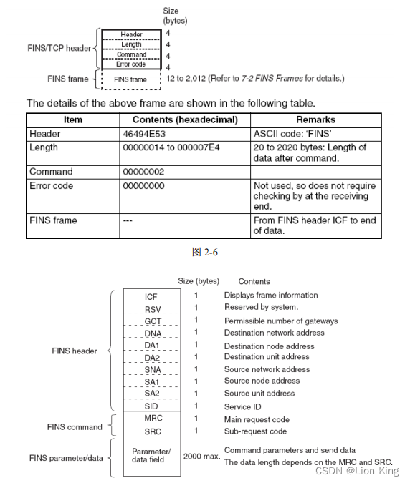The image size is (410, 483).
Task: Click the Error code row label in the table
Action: [52, 186]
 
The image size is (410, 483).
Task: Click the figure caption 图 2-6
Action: [205, 252]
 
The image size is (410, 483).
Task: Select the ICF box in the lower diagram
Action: [151, 296]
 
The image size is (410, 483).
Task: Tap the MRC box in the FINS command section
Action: [152, 419]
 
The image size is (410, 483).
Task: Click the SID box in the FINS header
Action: [152, 406]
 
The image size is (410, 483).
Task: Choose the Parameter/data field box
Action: [152, 455]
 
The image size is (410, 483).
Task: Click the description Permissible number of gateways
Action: [281, 321]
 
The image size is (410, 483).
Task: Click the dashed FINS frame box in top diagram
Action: [130, 79]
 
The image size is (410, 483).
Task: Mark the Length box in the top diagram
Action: [131, 44]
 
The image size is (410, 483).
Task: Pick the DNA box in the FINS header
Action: [152, 333]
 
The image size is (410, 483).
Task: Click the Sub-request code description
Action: [256, 431]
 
